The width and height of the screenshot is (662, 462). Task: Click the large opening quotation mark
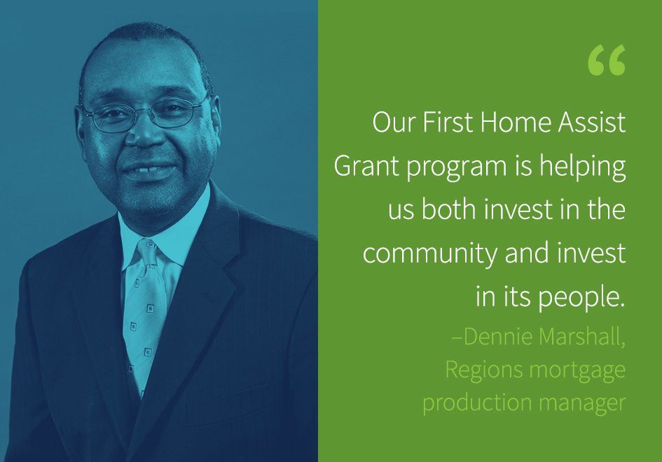[607, 60]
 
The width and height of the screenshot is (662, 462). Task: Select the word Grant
[366, 166]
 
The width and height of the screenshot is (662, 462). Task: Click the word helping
[583, 167]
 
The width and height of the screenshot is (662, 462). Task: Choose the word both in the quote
[449, 209]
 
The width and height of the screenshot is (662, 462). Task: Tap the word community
[430, 254]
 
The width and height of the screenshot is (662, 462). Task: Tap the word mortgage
[577, 371]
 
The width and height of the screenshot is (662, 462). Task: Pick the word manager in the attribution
[582, 403]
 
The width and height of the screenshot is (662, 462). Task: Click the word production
[477, 403]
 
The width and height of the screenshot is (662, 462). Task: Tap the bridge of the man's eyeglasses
[144, 111]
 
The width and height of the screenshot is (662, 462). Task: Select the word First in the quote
[448, 122]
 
